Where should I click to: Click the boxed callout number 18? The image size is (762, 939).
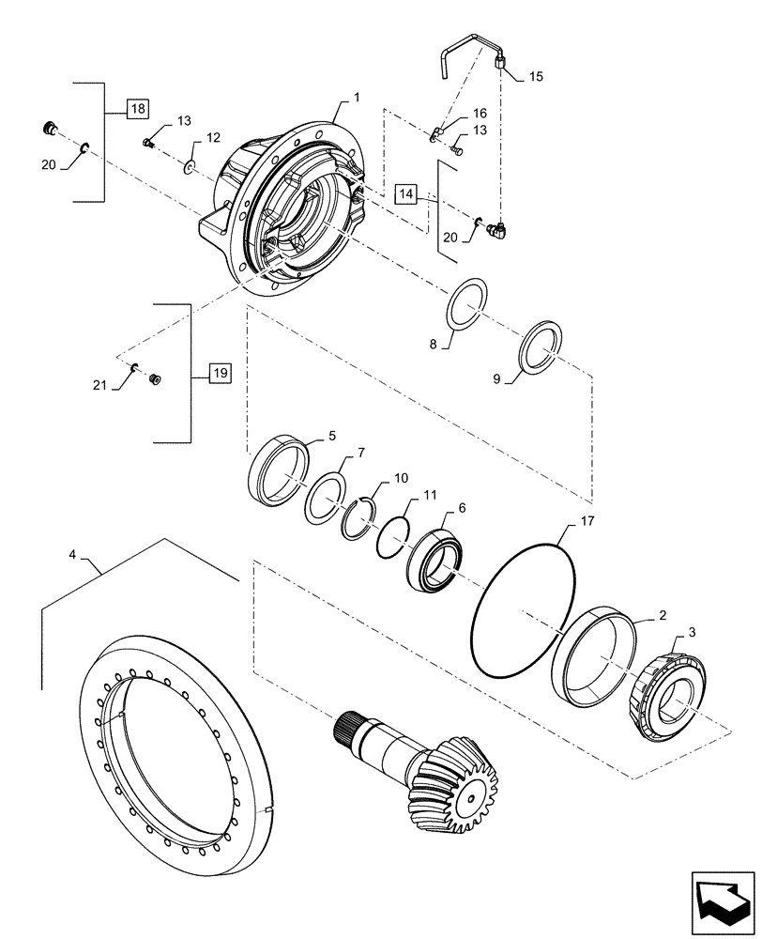click(138, 110)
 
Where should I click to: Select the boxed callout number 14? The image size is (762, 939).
click(405, 194)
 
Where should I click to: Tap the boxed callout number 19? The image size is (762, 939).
click(217, 374)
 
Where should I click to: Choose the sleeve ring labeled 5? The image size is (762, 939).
click(279, 473)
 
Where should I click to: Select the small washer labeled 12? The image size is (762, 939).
click(189, 166)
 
